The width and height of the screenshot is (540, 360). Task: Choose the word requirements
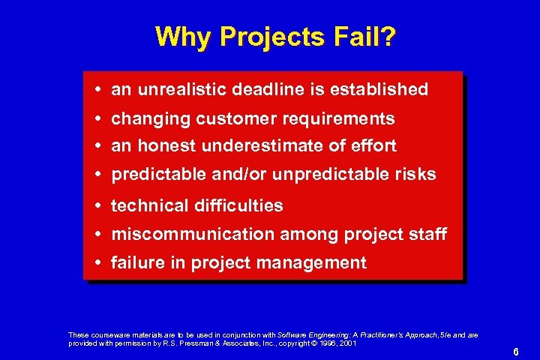click(x=337, y=119)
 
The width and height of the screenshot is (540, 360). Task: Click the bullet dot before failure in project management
click(x=100, y=263)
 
